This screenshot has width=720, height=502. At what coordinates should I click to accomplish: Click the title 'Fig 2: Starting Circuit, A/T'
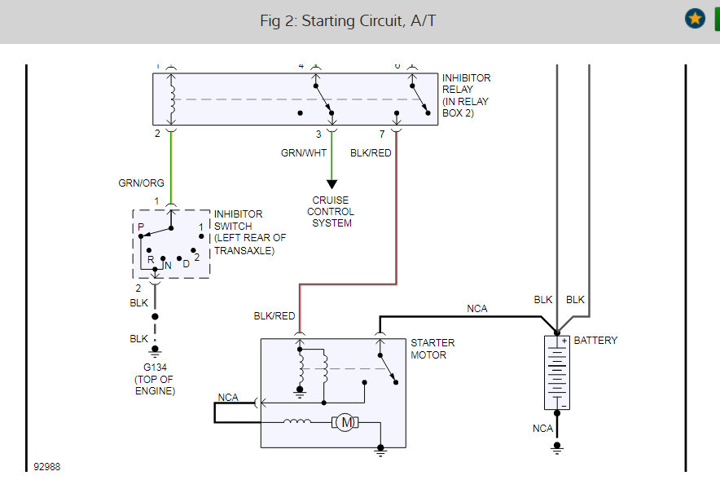(348, 20)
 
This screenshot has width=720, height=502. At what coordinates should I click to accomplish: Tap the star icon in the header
(695, 19)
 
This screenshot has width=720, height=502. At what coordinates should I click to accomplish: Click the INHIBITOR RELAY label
(467, 95)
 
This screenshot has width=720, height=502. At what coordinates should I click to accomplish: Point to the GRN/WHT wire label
(305, 152)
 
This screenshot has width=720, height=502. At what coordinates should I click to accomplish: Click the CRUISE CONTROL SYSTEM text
(331, 212)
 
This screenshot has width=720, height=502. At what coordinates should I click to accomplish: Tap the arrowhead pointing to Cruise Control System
(331, 184)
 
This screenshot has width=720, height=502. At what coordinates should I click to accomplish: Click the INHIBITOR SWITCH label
(249, 232)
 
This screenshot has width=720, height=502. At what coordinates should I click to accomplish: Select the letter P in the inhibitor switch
(140, 227)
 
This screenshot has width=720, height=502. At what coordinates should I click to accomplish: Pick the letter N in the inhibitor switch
(167, 266)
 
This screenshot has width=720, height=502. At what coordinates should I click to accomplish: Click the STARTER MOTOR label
(432, 349)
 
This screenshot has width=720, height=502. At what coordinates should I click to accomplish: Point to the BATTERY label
(595, 341)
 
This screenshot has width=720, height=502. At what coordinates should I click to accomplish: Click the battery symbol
(557, 372)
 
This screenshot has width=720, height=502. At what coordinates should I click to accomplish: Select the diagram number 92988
(46, 467)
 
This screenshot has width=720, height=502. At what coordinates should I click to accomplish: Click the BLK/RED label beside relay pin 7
(371, 152)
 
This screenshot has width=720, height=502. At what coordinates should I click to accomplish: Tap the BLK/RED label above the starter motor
(274, 316)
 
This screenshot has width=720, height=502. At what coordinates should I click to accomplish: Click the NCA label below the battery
(542, 429)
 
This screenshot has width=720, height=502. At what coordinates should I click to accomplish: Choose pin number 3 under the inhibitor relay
(318, 134)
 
